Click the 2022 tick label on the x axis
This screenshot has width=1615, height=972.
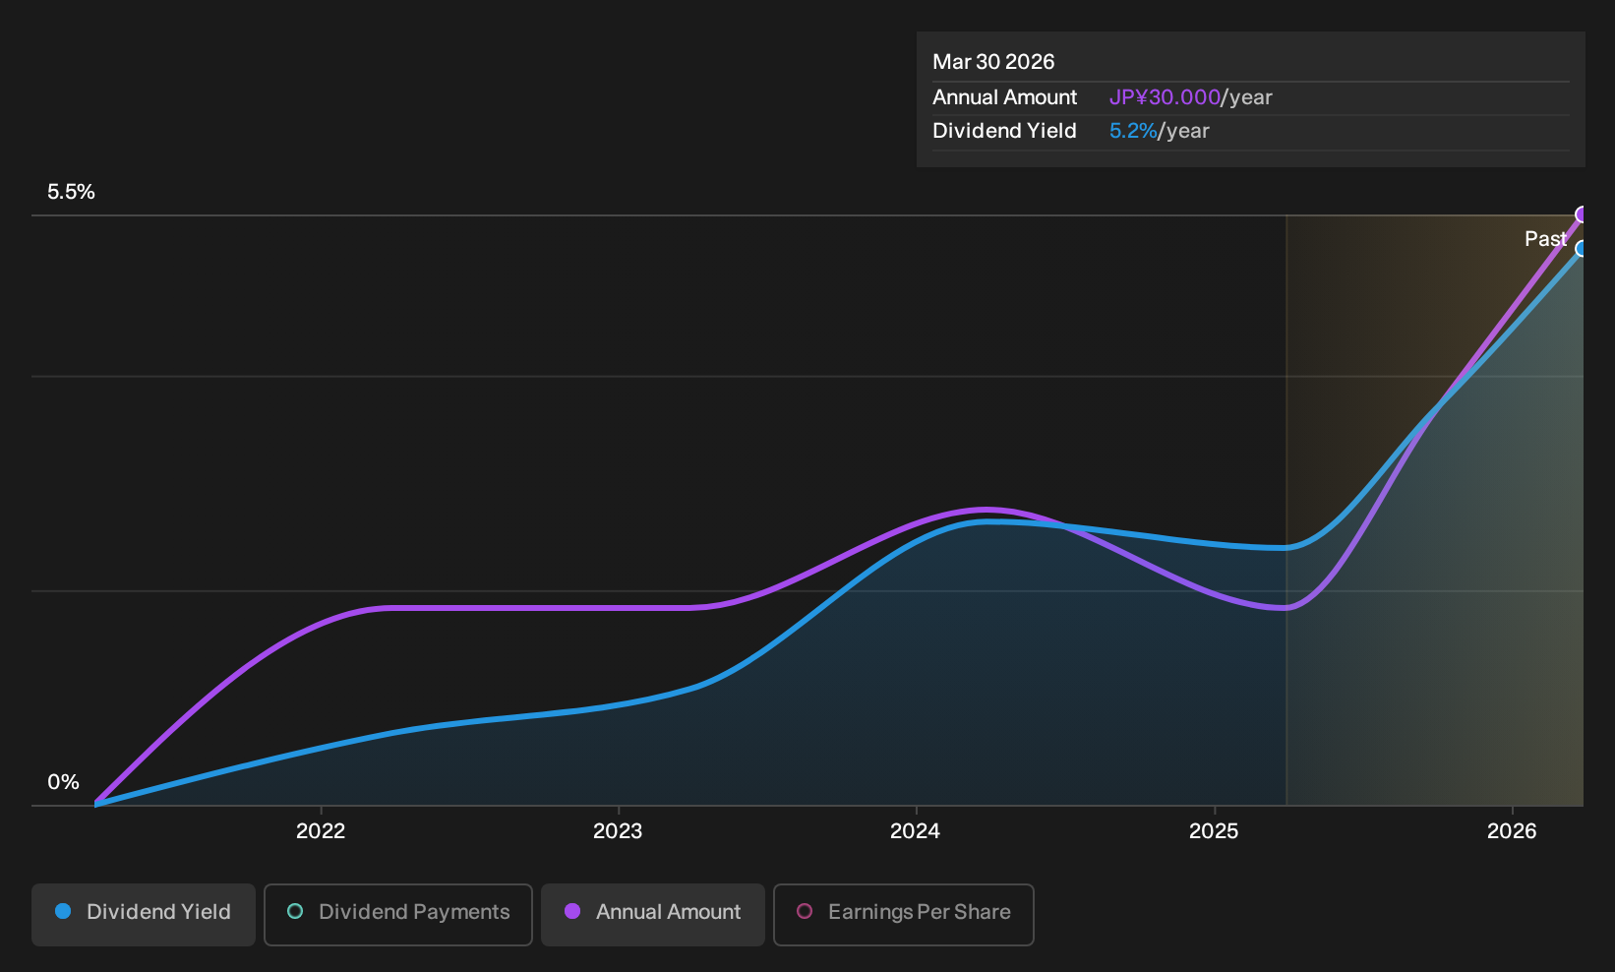point(321,831)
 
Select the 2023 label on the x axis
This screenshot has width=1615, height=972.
point(618,831)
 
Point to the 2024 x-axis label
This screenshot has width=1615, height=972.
point(916,831)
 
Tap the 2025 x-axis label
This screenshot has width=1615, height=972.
point(1214,831)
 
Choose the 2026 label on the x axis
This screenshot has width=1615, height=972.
point(1512,831)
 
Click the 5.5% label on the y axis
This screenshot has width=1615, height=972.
point(71,192)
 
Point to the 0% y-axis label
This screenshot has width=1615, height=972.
point(64,782)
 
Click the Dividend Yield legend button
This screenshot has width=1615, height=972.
point(144,914)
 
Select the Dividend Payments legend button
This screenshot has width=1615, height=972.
point(398,914)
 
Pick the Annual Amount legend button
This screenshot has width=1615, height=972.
point(652,914)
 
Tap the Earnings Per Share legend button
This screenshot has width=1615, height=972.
point(903,914)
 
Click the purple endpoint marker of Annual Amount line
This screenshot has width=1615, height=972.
point(1582,214)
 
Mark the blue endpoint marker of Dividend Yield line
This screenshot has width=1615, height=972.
point(1582,249)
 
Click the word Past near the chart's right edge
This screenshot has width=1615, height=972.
point(1546,239)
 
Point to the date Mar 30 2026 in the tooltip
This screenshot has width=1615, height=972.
point(993,62)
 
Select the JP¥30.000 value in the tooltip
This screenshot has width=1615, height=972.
point(1165,97)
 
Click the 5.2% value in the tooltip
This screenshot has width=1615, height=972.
point(1133,131)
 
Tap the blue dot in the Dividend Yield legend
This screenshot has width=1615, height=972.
point(64,911)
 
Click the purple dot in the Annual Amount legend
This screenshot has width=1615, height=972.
point(572,911)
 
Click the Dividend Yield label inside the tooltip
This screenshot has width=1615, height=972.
point(1004,131)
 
